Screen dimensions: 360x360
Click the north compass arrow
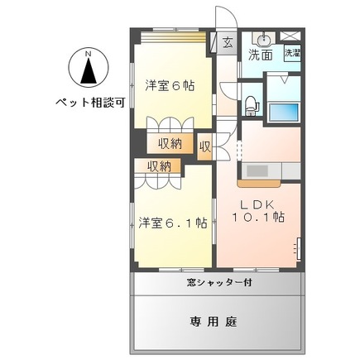[88, 74]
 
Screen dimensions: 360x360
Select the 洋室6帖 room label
[170, 84]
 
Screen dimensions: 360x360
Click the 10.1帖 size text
[257, 218]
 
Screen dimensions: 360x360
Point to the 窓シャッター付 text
[218, 283]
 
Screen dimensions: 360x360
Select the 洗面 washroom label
[261, 55]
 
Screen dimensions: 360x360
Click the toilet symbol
[251, 104]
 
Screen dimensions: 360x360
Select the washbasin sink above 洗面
[263, 40]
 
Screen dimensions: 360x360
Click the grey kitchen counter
[263, 171]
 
